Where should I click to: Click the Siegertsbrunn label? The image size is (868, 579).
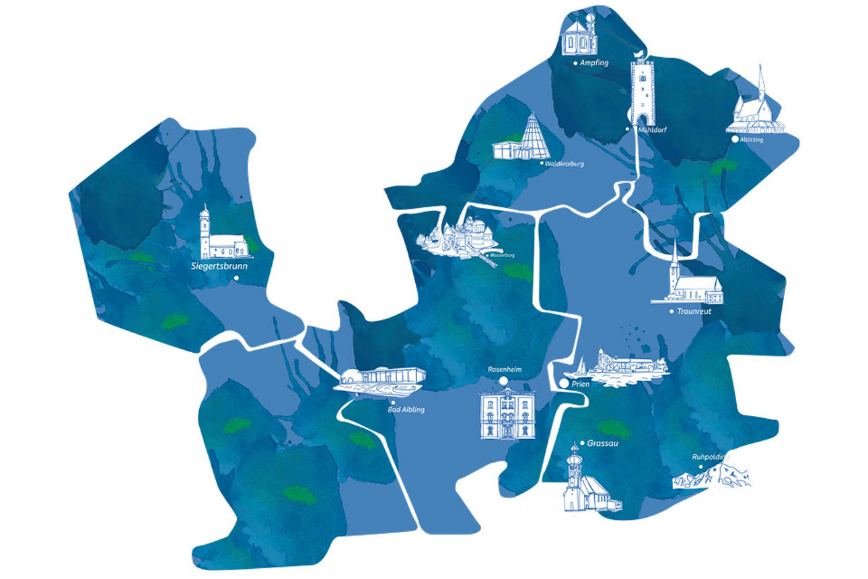219,266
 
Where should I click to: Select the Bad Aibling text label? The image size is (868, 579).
406,409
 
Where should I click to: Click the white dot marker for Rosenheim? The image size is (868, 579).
503,382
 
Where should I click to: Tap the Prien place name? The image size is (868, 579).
580,383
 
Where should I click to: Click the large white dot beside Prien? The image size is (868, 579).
563,383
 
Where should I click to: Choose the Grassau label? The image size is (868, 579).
602,444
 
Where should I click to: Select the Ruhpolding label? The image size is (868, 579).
711,457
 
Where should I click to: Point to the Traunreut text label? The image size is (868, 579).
694,312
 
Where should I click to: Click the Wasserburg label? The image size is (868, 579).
503,256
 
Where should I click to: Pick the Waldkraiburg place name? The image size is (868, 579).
565,163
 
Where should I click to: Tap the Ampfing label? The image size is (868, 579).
595,63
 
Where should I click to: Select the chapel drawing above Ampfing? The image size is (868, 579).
579,34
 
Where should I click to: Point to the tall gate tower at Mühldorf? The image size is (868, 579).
643,91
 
